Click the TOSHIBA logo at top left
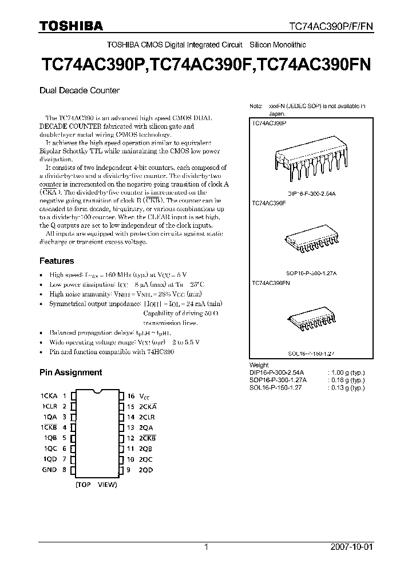coord(71,25)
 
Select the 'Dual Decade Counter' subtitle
coord(79,90)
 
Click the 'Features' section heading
coord(57,261)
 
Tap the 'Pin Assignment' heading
coord(70,372)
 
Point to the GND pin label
coord(49,470)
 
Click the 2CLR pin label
coord(146,417)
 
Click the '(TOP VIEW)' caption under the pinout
coord(96,485)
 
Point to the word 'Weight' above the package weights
coord(259,365)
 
